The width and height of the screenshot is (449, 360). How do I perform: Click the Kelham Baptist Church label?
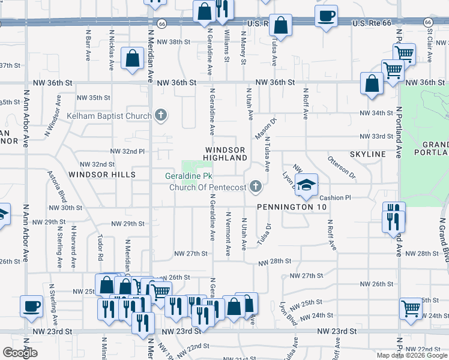pos(109,116)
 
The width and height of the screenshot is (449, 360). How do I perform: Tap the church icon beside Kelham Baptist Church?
pos(160,114)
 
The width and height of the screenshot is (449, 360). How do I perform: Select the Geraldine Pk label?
pos(188,176)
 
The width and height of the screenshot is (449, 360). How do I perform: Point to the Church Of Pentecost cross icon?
pos(256,187)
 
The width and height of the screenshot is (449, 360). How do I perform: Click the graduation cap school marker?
pos(306,186)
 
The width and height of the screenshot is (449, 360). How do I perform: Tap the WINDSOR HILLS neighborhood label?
pos(101,175)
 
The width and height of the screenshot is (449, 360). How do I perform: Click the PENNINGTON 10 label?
pos(292,207)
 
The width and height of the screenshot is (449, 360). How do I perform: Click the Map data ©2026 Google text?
pos(411,355)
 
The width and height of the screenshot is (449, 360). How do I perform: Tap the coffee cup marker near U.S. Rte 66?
pos(326,16)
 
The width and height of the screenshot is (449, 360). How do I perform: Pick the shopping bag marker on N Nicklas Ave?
pos(131,59)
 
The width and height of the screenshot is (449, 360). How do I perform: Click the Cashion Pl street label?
pos(334,197)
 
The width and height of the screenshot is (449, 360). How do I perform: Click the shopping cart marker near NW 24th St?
pos(411,308)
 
